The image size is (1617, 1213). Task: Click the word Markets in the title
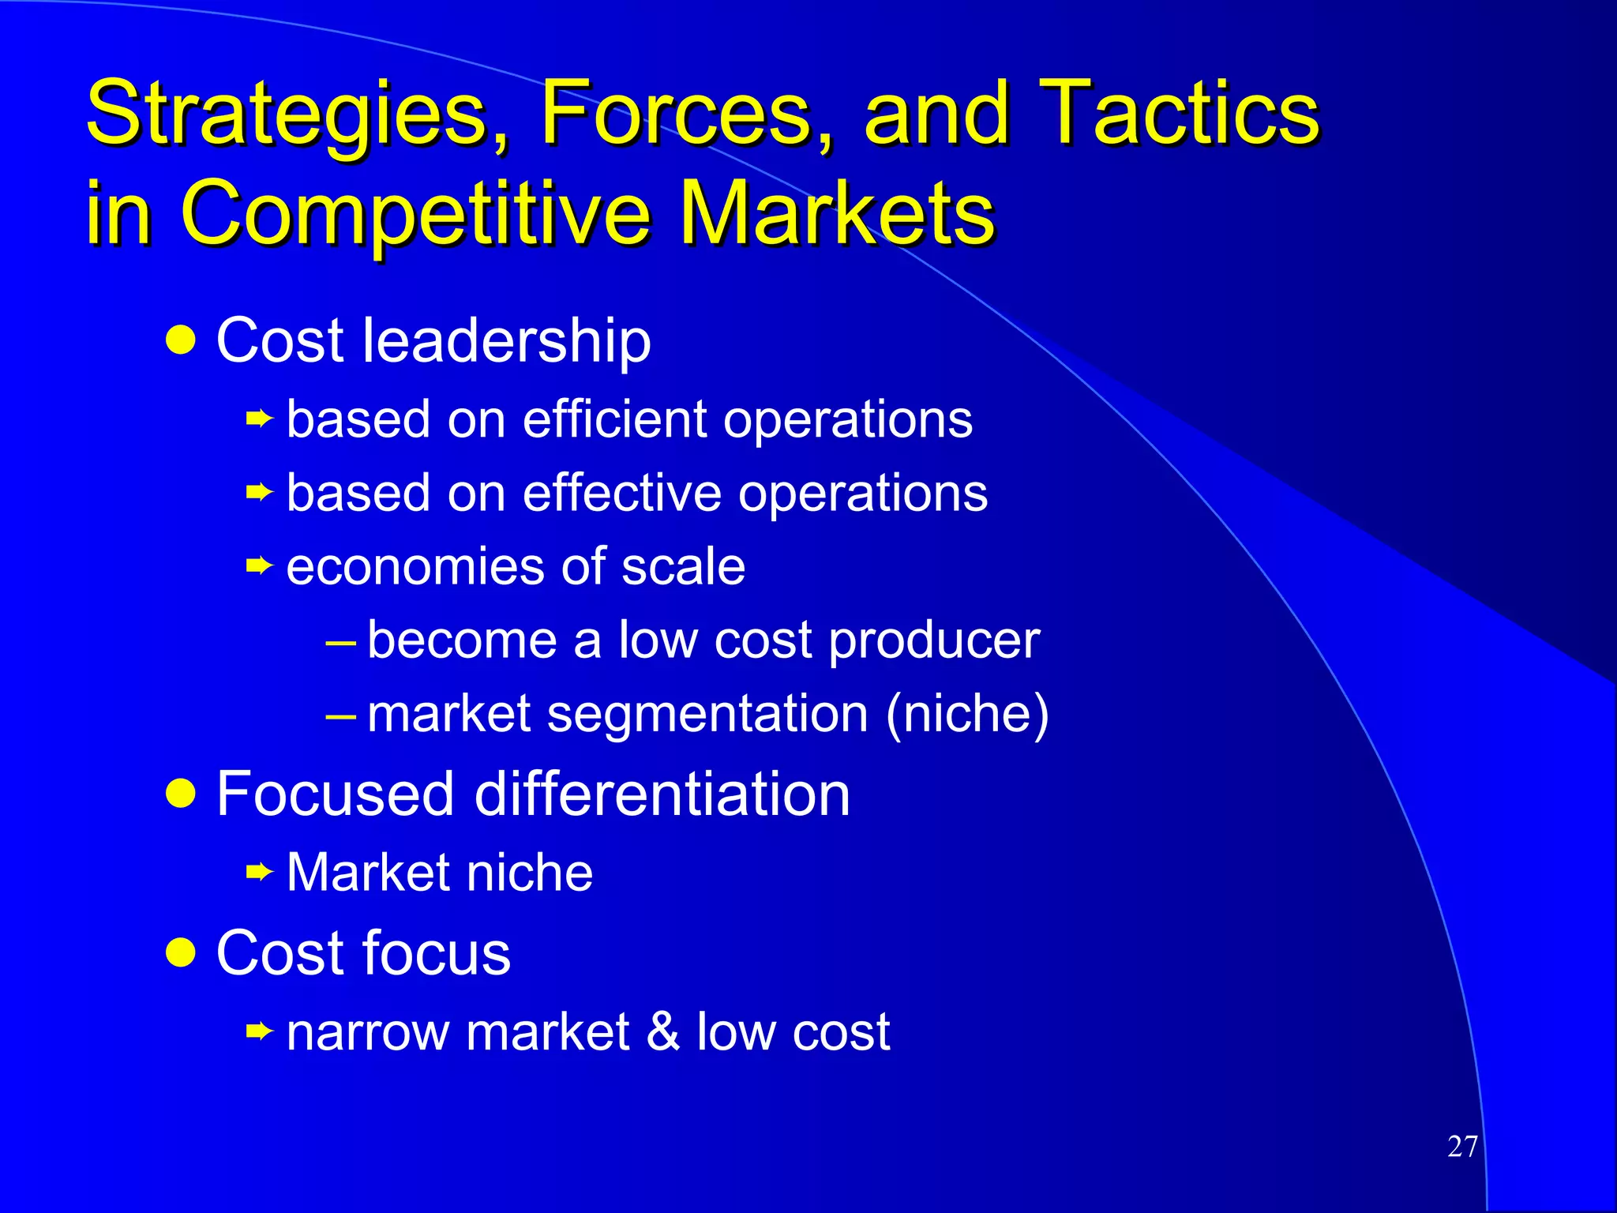[837, 212]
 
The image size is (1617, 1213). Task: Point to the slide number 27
[1462, 1147]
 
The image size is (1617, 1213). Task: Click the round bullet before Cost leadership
[181, 340]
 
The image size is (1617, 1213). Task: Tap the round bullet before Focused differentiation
[181, 793]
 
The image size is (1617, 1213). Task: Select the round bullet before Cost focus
[181, 952]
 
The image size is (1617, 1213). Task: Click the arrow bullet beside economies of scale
[258, 565]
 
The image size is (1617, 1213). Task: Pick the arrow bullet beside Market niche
[258, 873]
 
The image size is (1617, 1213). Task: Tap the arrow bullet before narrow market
[258, 1031]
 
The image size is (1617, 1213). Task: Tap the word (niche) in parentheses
[967, 714]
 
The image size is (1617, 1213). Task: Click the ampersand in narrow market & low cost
[662, 1031]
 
